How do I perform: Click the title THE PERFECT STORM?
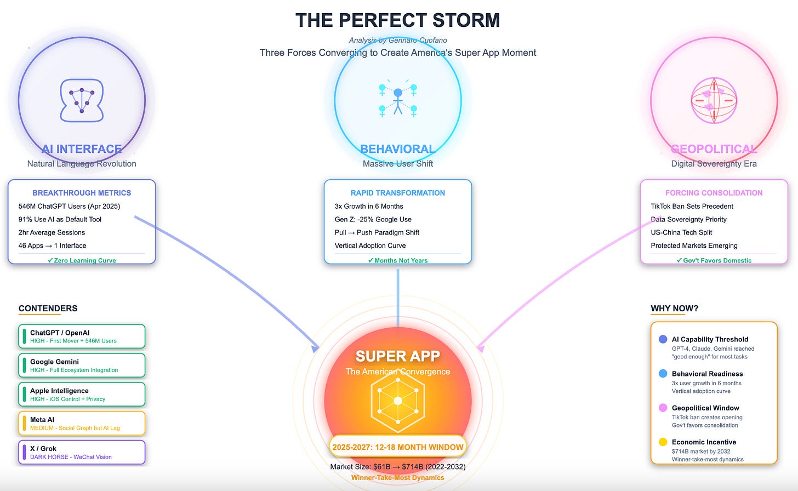(x=397, y=21)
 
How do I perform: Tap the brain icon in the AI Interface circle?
(x=82, y=100)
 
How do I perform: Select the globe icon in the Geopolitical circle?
(x=714, y=100)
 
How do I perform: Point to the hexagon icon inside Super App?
(x=398, y=401)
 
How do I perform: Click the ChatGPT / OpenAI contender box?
(x=82, y=336)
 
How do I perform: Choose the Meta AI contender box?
(x=82, y=424)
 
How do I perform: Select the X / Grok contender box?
(x=82, y=453)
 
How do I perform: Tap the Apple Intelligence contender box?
(x=82, y=395)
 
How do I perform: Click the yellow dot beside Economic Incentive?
(x=663, y=442)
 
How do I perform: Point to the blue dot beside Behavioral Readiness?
(x=663, y=374)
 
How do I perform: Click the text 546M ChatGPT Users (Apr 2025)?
(x=69, y=207)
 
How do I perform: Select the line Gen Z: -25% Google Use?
(x=373, y=219)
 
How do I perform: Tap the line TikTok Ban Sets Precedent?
(x=692, y=207)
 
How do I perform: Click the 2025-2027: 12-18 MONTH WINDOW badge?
(x=398, y=447)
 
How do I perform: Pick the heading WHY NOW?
(x=674, y=309)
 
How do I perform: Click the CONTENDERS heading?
(x=48, y=309)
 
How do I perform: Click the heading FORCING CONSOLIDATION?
(x=714, y=193)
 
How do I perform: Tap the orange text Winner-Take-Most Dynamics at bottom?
(x=398, y=478)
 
